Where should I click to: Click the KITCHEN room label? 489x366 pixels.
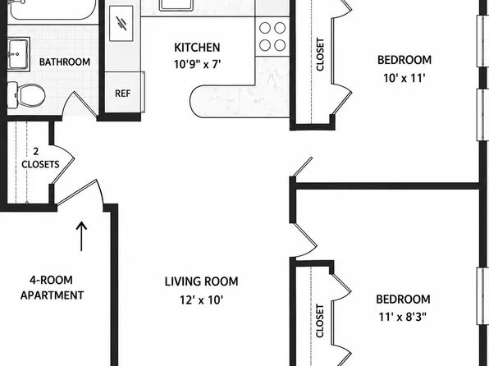pos(197,48)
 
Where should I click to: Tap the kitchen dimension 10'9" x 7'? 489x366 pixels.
pos(198,64)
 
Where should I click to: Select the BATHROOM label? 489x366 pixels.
pos(65,62)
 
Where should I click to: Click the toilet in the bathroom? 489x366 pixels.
pos(26,94)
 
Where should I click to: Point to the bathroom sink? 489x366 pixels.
pos(18,54)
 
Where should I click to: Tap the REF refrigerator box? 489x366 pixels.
pos(124,93)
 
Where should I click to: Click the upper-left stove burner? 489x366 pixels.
pos(265,28)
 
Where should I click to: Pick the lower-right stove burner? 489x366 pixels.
pos(280,45)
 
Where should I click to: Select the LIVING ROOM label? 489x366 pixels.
pos(202,281)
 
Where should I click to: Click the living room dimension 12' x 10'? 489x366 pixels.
pos(202,300)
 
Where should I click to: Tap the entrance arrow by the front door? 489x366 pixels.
pos(81,236)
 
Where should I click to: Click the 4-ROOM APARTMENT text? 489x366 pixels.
pos(52,287)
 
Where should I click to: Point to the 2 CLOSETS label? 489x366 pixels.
pos(40,158)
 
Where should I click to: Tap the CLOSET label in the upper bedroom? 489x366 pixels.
pos(320,54)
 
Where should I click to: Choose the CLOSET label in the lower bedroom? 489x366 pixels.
pos(320,321)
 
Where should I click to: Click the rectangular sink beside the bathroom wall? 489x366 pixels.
pos(121,24)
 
